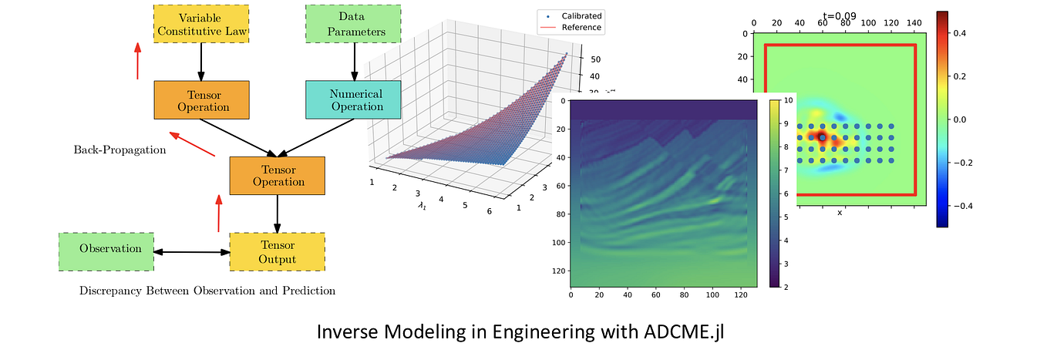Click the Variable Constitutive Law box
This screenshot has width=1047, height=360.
[x=201, y=24]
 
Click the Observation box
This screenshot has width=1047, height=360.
[x=106, y=249]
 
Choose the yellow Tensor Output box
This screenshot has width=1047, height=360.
[x=278, y=252]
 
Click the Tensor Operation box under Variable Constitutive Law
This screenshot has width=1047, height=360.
[x=201, y=100]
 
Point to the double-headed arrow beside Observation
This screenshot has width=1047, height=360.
[x=191, y=252]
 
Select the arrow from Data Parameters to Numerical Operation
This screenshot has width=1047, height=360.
[x=354, y=61]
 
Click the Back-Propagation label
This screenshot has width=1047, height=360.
[x=120, y=150]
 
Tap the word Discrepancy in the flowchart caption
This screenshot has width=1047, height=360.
[x=110, y=291]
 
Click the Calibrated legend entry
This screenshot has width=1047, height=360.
[x=581, y=15]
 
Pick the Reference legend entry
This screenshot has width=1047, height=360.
[x=581, y=28]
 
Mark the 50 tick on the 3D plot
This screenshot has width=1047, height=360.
[x=595, y=59]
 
